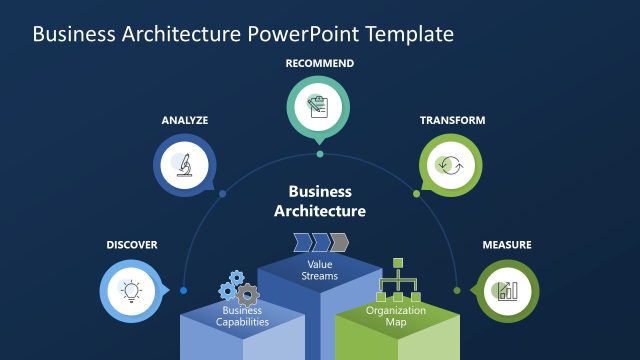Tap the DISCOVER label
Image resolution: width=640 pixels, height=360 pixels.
click(132, 245)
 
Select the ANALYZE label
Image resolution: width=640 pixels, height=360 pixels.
click(185, 120)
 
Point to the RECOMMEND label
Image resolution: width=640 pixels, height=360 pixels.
click(320, 63)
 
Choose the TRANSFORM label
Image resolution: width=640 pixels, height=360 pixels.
click(452, 120)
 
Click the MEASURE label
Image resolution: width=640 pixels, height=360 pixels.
click(507, 245)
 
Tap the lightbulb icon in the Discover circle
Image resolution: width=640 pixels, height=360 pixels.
click(129, 290)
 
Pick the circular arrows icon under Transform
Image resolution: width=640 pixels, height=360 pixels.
click(451, 163)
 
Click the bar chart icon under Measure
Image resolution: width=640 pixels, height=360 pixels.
click(506, 290)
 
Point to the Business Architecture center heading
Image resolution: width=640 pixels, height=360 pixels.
click(320, 201)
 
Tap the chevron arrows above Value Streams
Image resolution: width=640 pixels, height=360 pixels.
click(320, 242)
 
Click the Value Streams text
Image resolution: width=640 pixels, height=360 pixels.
click(320, 269)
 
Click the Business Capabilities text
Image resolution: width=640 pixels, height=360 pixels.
click(242, 316)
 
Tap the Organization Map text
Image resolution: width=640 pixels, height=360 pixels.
click(396, 316)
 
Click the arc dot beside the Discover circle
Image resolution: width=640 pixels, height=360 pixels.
click(183, 291)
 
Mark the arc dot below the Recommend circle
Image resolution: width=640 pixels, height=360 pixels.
click(320, 154)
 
